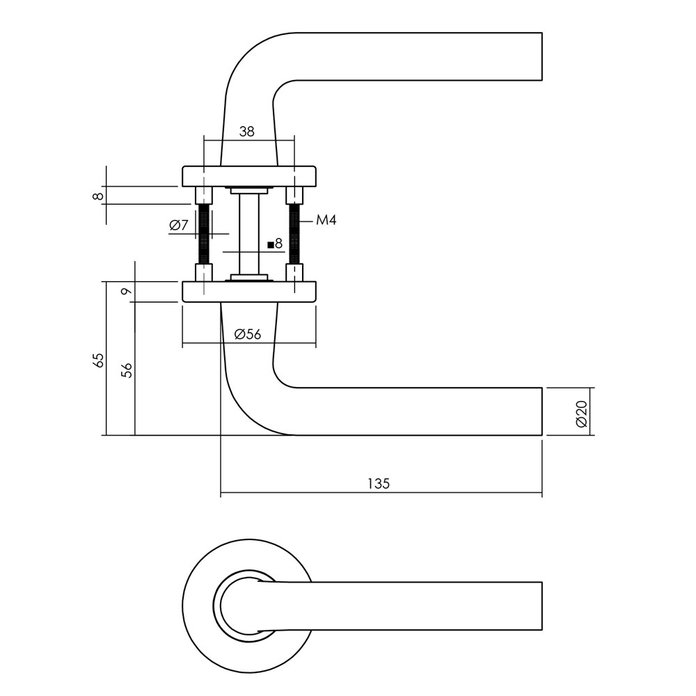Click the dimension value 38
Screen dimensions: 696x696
pos(246,131)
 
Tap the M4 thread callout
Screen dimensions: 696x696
pos(326,221)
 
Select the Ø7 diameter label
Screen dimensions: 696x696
pos(179,225)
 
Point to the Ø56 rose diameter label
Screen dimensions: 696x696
pos(248,334)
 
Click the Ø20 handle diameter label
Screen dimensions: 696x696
pos(583,412)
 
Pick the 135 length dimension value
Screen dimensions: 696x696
pos(379,484)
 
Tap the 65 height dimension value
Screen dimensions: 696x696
pos(98,360)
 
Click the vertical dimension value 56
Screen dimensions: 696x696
pos(127,370)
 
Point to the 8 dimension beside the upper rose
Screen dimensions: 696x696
pos(99,196)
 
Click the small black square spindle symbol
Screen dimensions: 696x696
pos(270,245)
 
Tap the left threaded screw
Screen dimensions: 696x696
pos(204,233)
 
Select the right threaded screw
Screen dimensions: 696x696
pos(294,233)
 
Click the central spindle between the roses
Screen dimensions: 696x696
pos(248,233)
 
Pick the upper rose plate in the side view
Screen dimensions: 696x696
pos(248,176)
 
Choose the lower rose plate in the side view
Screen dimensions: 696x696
pos(248,292)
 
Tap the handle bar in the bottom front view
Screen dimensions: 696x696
pos(418,606)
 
